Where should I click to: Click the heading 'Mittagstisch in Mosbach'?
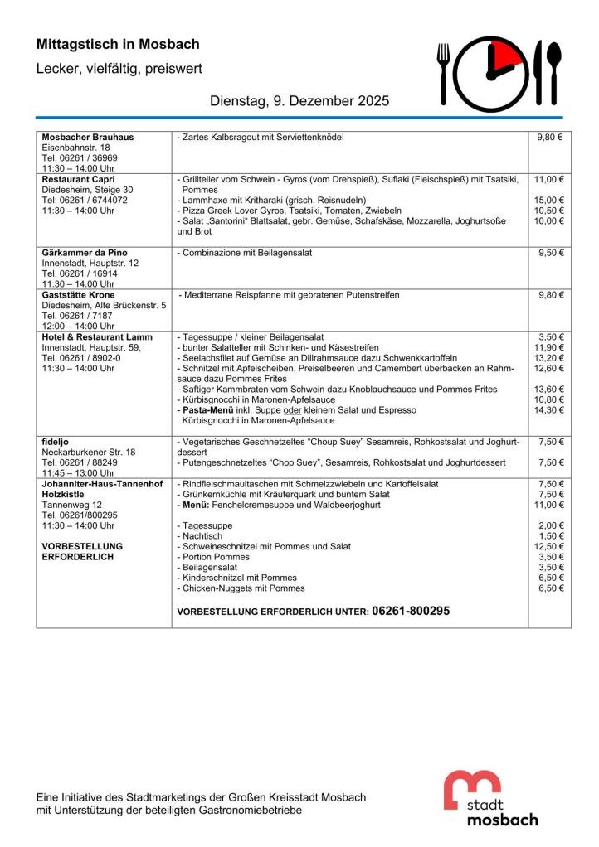coord(118,45)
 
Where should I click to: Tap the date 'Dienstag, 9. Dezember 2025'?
coord(299,101)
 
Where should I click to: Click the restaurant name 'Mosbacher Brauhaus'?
coord(88,137)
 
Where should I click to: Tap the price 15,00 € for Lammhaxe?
coord(548,200)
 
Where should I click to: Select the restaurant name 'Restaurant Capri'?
coord(79,179)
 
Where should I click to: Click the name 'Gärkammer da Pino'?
coord(85,253)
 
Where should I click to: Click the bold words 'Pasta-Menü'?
coord(206,410)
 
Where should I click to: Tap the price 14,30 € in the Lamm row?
coord(548,410)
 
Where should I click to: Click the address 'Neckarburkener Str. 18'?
coord(90,453)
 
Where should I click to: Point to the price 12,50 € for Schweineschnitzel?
coord(548,547)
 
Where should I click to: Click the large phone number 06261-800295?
coord(411,611)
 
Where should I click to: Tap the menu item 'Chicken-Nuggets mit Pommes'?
coord(241,588)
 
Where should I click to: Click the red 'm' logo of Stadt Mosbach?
coord(472,788)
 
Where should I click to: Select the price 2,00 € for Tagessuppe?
coord(550,525)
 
